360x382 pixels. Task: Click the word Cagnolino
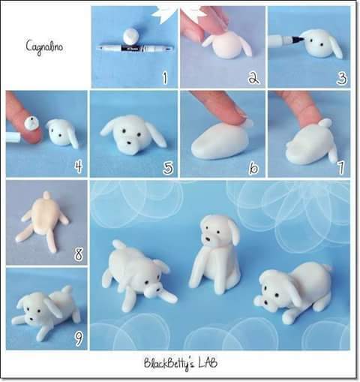[x=44, y=47]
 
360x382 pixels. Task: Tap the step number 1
[x=164, y=78]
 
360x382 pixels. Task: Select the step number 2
[x=253, y=78]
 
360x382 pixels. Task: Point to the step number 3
[x=342, y=78]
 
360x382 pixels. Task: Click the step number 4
[x=79, y=167]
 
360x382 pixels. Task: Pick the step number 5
[x=168, y=167]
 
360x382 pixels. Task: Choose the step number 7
[x=340, y=167]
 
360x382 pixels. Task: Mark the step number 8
[x=79, y=254]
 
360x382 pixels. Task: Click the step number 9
[x=78, y=339]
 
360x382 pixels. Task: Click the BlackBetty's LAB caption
[x=180, y=363]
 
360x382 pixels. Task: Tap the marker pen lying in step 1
[x=135, y=47]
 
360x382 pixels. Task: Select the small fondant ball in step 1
[x=130, y=36]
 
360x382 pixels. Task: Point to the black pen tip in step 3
[x=298, y=38]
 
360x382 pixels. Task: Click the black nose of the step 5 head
[x=128, y=143]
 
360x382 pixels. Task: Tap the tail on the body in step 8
[x=46, y=195]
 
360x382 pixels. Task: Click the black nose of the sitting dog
[x=208, y=239]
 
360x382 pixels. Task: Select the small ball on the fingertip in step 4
[x=31, y=123]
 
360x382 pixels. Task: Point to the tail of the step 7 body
[x=325, y=123]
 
